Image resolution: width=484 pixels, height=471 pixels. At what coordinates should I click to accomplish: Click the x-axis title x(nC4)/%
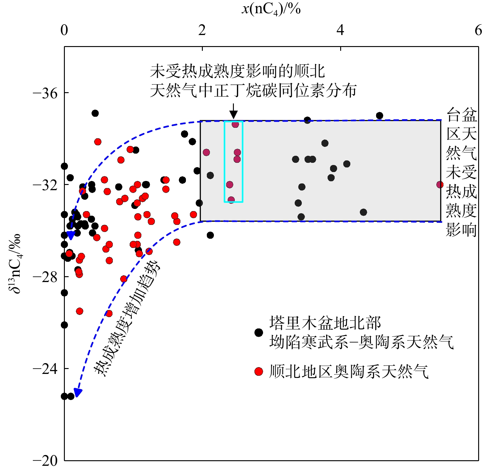271,9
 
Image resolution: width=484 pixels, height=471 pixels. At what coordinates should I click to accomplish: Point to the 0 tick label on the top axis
64,30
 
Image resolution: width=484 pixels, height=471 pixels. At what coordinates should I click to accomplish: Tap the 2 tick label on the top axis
202,30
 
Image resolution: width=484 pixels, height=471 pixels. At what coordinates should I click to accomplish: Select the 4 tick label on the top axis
340,30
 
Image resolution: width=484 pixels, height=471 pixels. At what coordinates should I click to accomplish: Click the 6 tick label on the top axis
478,30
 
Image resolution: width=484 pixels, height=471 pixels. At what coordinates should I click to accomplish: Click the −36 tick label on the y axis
45,93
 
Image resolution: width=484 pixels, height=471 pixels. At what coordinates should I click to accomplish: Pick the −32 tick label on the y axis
45,185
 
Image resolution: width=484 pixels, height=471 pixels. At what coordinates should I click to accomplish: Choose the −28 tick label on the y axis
45,277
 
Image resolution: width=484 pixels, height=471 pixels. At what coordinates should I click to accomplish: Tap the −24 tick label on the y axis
45,369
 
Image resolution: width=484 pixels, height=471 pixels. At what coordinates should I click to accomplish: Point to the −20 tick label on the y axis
45,460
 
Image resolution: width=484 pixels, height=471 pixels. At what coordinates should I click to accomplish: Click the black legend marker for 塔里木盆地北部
259,332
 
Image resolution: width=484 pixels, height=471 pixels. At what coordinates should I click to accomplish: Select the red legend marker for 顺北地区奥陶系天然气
259,371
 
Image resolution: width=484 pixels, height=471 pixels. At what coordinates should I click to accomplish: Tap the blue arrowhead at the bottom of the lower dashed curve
78,393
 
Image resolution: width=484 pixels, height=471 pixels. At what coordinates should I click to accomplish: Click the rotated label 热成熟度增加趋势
127,318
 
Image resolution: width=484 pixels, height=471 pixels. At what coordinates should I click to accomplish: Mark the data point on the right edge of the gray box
440,185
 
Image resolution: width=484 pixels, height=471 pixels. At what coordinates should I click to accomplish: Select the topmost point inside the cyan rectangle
235,124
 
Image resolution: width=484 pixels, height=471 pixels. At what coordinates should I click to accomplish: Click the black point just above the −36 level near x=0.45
95,113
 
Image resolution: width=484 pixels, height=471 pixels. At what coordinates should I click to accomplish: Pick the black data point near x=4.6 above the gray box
380,116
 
